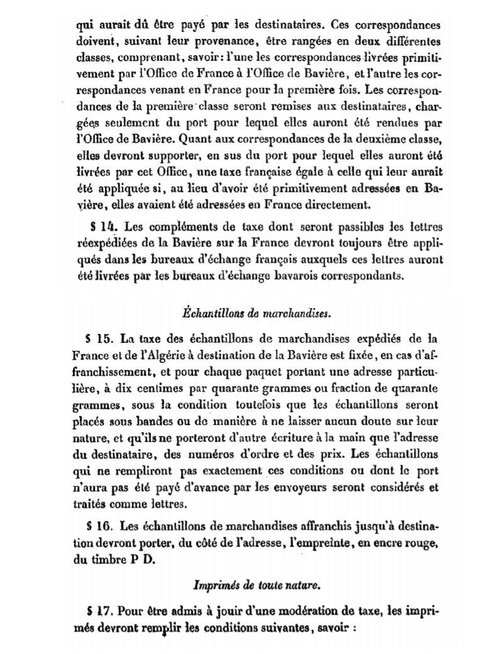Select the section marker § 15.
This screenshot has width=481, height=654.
[x=102, y=340]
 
